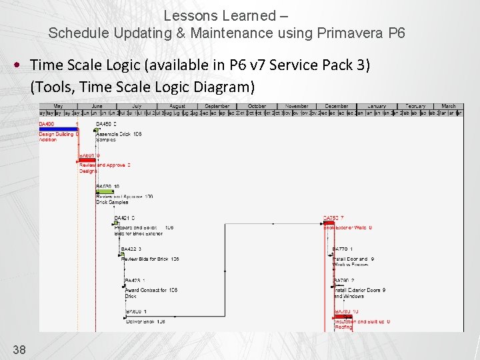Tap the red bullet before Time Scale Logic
coord(17,65)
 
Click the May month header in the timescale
coord(58,106)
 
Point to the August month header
coord(177,106)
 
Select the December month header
coord(337,106)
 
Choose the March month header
coord(448,106)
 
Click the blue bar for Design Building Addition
coord(58,129)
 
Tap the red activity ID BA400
coord(47,124)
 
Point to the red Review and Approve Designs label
coord(104,168)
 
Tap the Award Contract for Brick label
coord(150,293)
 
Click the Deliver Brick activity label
coord(145,321)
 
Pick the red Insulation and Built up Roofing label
coord(361,324)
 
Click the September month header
coord(217,106)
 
